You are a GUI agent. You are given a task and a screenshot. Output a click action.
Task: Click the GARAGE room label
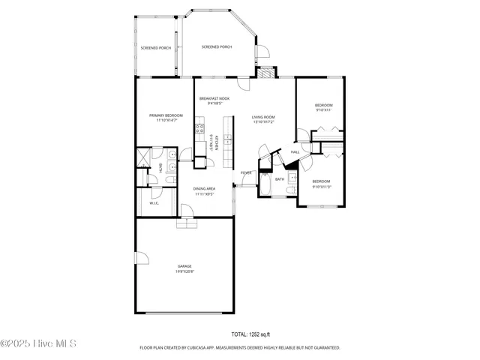[184, 268]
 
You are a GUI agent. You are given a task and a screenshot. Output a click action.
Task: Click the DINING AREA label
[205, 191]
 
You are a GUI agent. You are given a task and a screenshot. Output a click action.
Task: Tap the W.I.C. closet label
[154, 203]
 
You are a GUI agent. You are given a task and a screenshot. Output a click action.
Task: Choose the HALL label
[295, 152]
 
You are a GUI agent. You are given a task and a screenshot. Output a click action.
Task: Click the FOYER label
[246, 173]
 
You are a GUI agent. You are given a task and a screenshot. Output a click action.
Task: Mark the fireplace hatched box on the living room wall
[266, 73]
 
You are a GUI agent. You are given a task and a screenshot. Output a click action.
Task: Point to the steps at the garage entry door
[185, 223]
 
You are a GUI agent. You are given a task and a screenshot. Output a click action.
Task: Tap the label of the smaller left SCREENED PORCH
[155, 48]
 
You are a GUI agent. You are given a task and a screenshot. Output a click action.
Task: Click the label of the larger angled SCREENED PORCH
[217, 47]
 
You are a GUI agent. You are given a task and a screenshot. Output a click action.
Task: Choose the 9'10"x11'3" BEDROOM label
[321, 183]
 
